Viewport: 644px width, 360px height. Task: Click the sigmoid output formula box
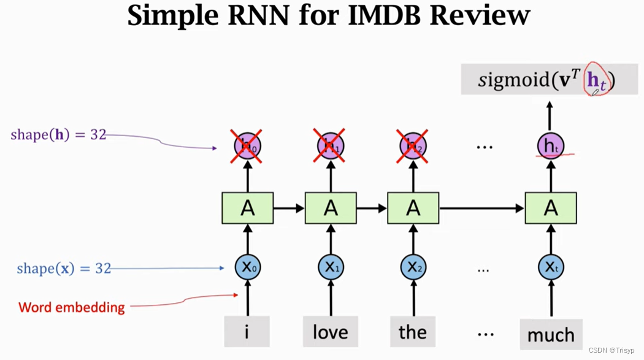coord(549,80)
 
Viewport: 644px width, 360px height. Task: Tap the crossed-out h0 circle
coord(247,146)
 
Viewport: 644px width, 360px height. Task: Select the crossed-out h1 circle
coord(330,146)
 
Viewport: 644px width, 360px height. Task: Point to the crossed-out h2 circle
coord(413,146)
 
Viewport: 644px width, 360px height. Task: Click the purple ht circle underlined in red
coord(550,146)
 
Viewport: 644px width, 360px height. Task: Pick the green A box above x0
coord(247,208)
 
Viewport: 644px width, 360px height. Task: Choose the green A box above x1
coord(331,208)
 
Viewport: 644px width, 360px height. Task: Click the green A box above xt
coord(550,208)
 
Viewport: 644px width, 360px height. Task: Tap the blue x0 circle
coord(247,267)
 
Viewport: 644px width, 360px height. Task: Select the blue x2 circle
coord(413,267)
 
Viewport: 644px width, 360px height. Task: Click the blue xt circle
coord(550,267)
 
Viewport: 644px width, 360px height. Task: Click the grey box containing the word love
coord(331,332)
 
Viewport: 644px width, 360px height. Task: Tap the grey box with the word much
coord(551,334)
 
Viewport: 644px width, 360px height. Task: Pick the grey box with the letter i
coord(247,332)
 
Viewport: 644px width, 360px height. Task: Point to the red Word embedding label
coord(72,307)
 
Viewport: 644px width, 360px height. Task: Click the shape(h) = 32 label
coord(58,135)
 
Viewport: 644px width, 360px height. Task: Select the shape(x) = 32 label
coord(64,269)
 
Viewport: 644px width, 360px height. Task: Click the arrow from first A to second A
coord(289,209)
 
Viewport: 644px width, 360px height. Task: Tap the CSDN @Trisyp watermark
coord(614,350)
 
